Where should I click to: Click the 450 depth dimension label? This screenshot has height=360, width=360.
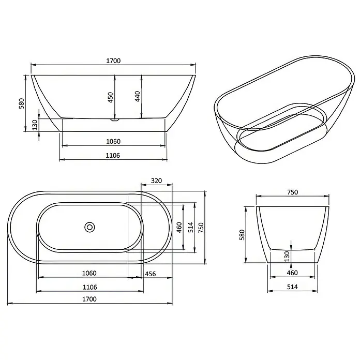click(x=111, y=97)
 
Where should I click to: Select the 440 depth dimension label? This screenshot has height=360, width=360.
click(x=137, y=96)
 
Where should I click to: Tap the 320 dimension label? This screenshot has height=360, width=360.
click(x=156, y=181)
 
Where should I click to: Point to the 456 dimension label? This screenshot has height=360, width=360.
click(x=151, y=274)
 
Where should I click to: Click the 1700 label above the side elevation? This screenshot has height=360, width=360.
click(x=113, y=61)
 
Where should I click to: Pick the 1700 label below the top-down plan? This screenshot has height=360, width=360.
click(x=89, y=299)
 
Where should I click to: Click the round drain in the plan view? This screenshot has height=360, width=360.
click(x=89, y=227)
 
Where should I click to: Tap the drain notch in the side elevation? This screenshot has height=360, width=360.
click(x=114, y=119)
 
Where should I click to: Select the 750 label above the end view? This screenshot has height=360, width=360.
click(x=293, y=192)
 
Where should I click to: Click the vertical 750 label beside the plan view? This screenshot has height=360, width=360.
click(x=201, y=228)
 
